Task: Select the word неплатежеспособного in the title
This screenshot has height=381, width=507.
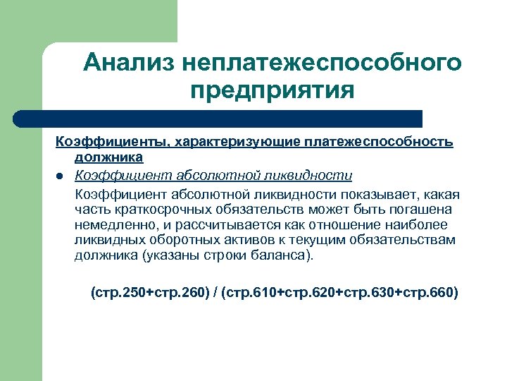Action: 321,63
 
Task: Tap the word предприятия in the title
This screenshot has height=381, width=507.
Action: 272,91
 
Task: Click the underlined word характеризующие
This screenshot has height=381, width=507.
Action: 237,143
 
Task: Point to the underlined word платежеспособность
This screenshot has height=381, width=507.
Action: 379,143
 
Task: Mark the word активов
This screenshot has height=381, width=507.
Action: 223,240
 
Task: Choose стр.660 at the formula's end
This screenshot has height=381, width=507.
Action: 428,291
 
